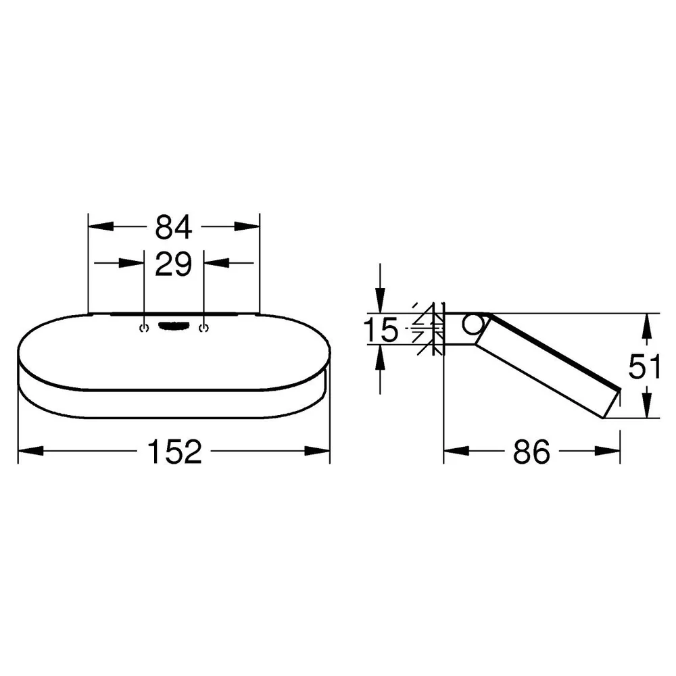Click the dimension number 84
pyautogui.click(x=173, y=227)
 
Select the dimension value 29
pyautogui.click(x=173, y=264)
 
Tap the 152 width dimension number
pyautogui.click(x=174, y=452)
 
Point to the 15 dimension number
pyautogui.click(x=381, y=330)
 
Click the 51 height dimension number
pyautogui.click(x=644, y=366)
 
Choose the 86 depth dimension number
pyautogui.click(x=531, y=452)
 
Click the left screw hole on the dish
pyautogui.click(x=144, y=328)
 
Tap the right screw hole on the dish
pyautogui.click(x=203, y=328)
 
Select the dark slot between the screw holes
pyautogui.click(x=174, y=326)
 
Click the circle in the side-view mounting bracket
pyautogui.click(x=473, y=325)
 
